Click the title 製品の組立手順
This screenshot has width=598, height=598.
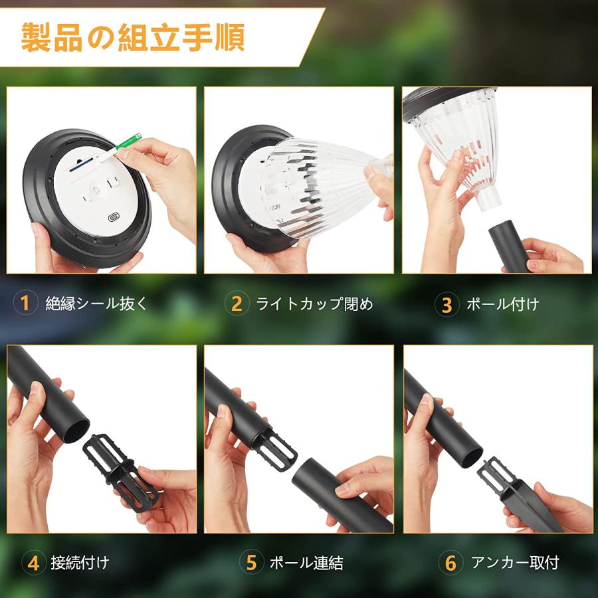click(x=133, y=37)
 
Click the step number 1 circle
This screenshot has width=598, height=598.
click(x=25, y=304)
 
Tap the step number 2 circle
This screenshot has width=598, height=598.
click(x=237, y=304)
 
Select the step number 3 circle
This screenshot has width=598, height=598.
click(x=447, y=304)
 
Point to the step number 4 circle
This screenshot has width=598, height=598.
click(x=33, y=563)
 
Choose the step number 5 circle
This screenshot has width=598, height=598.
click(x=251, y=563)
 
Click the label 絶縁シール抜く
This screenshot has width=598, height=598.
click(x=96, y=304)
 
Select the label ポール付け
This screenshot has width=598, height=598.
click(x=502, y=304)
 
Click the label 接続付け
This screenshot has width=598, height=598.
click(x=80, y=563)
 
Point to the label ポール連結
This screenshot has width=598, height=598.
click(x=306, y=563)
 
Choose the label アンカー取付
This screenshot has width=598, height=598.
click(x=515, y=563)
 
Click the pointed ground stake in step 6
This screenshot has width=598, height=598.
click(x=525, y=498)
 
